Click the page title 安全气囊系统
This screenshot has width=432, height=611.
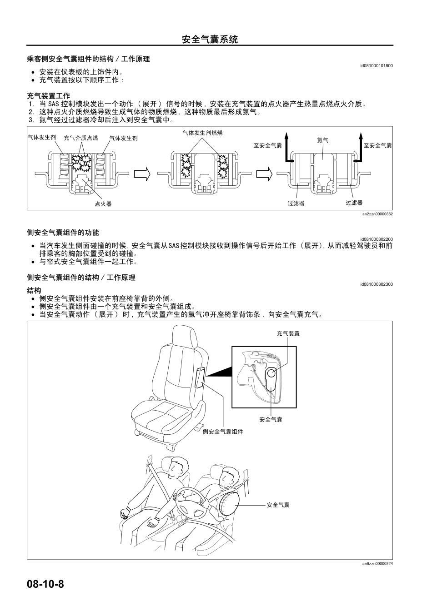click(210, 39)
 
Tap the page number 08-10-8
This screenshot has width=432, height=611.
click(45, 584)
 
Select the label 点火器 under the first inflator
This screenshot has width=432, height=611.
click(103, 204)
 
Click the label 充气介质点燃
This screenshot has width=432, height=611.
click(81, 138)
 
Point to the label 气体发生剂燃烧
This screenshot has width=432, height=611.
click(203, 133)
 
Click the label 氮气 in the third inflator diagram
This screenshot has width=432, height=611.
click(322, 140)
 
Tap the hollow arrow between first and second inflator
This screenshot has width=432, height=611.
click(142, 174)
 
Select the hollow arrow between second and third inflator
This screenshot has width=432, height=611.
click(264, 174)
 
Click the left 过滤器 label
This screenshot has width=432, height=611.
click(296, 203)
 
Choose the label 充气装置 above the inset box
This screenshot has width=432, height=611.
click(288, 333)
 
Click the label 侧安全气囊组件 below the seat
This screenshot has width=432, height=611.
click(223, 431)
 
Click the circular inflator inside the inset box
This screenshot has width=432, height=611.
click(271, 373)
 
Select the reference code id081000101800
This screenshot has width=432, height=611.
click(376, 66)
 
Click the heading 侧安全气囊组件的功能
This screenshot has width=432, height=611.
click(63, 233)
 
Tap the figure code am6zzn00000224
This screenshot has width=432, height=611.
click(377, 564)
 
